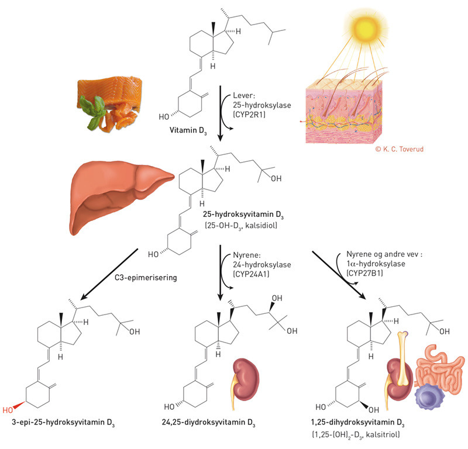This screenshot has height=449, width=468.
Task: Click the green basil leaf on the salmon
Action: click(94, 108)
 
